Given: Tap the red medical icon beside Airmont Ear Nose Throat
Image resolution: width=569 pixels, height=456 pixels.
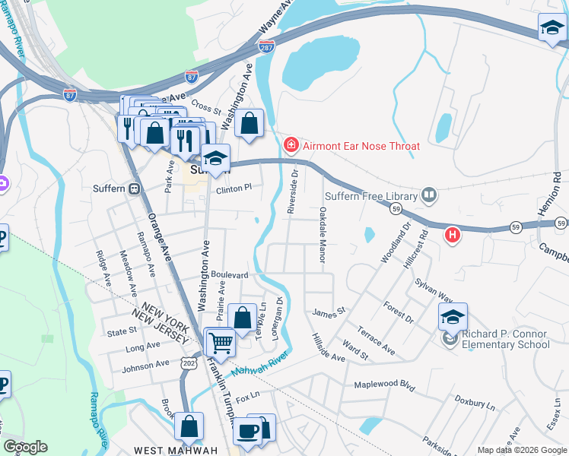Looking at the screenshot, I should pos(290,144).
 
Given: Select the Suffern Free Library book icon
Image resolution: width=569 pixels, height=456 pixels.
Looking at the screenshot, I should pos(430,196).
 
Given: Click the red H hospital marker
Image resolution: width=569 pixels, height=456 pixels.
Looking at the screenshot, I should pos(453,235).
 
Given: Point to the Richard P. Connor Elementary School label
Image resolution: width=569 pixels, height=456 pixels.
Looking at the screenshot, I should pos(506,339).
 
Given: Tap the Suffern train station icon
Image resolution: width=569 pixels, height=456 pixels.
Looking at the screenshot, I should pos(135,188).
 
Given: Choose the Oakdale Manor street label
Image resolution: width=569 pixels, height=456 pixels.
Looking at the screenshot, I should pos(323,235).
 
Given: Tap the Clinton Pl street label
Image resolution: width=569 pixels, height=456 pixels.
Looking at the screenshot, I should pos(233,188).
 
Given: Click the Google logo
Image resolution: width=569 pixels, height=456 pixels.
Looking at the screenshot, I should pos(26,447).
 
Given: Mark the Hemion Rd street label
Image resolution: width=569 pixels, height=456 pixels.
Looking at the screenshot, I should pos(556,187).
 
